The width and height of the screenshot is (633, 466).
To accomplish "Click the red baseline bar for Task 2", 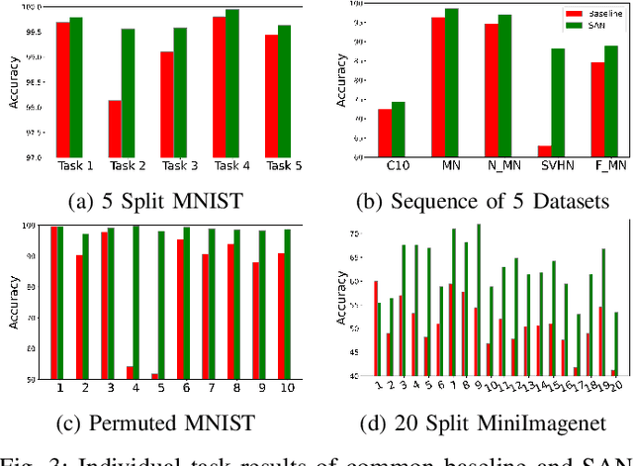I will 115,129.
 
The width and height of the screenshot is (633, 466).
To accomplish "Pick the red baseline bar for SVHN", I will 544,151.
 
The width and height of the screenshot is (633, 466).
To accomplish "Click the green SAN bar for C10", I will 399,130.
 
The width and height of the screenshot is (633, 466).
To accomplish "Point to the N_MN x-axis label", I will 497,166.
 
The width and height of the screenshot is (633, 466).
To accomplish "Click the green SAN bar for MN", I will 451,83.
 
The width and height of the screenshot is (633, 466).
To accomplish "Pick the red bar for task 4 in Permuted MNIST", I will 130,373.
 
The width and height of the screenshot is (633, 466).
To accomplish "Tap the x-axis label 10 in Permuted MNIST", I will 285,389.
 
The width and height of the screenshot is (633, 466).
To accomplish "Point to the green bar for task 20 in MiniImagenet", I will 617,344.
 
